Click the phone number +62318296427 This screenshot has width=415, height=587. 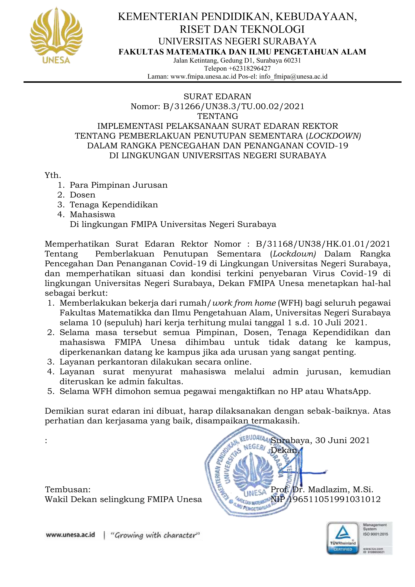[249, 69]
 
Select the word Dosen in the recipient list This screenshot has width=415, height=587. [83, 195]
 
